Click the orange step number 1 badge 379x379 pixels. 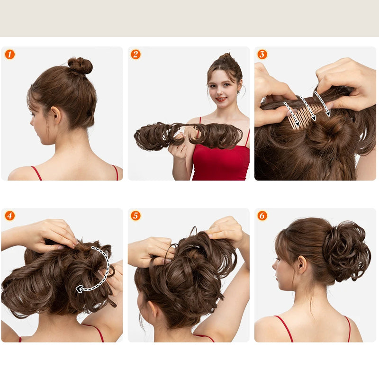[9, 54]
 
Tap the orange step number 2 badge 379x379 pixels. [136, 54]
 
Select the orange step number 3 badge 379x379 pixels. [262, 54]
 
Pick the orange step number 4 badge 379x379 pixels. [9, 216]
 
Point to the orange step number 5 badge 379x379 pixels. [136, 216]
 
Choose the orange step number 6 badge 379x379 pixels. [262, 216]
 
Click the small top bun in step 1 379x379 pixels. [80, 65]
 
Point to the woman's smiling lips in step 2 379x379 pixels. [221, 99]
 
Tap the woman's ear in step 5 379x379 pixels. [152, 310]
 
